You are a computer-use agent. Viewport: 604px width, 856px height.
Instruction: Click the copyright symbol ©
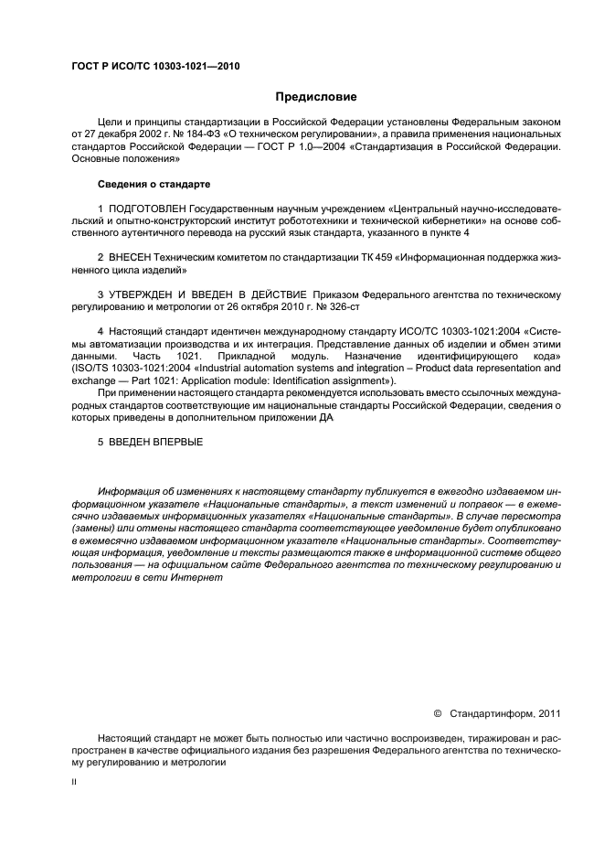(x=436, y=712)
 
